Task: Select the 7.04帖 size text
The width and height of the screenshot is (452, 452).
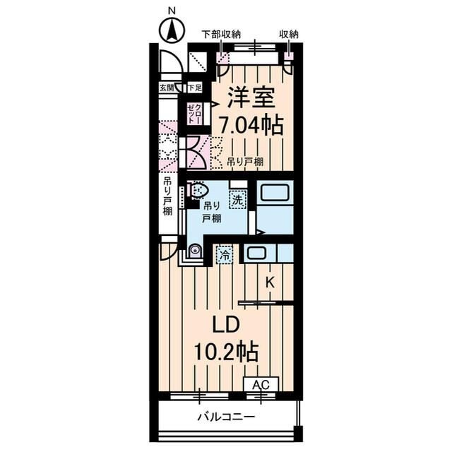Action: click(251, 126)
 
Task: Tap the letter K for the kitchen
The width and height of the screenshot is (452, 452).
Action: click(270, 282)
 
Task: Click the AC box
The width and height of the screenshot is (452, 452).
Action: click(261, 385)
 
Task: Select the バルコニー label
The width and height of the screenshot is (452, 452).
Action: click(226, 417)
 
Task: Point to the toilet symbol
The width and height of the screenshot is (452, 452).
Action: click(198, 191)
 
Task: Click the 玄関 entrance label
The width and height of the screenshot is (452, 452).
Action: click(167, 88)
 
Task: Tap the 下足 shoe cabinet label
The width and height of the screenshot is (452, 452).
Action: click(194, 88)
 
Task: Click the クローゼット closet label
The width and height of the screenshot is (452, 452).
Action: click(194, 113)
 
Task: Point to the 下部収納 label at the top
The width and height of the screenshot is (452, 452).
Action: click(220, 33)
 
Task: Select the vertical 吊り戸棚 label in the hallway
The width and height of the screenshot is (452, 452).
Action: click(168, 203)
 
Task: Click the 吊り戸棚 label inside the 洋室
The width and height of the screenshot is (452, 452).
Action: click(246, 162)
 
